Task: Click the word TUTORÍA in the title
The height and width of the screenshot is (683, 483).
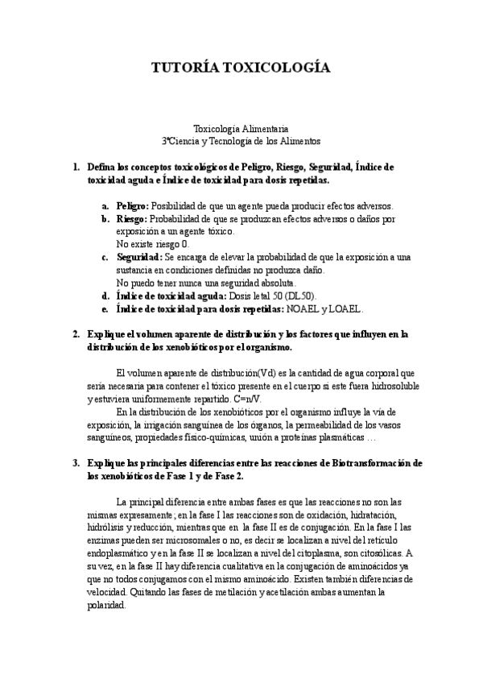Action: coord(184,69)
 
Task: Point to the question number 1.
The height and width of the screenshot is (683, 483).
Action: coord(76,167)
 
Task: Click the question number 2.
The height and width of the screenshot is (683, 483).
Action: coord(76,333)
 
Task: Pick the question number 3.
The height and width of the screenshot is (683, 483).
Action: coord(76,463)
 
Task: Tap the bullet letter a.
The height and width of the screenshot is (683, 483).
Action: coord(105,206)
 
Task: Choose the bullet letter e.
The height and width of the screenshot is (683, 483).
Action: coord(105,308)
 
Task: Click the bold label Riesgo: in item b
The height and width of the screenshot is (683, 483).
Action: coord(132,218)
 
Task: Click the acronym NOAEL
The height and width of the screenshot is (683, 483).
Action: coord(307,308)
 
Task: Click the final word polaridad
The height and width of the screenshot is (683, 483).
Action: coord(106,605)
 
